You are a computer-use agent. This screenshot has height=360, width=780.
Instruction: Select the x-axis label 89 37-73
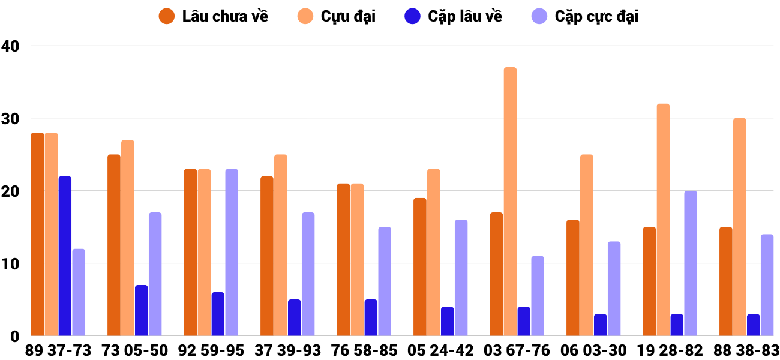tap(58, 350)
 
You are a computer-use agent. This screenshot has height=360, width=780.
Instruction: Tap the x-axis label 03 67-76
tap(517, 350)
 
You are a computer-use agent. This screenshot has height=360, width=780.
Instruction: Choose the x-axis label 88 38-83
tap(746, 350)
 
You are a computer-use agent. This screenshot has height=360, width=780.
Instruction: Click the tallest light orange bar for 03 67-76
tap(510, 202)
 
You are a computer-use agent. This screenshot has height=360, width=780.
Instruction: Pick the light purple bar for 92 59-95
tap(232, 253)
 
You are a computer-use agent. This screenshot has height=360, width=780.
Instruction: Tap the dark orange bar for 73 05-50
tap(114, 245)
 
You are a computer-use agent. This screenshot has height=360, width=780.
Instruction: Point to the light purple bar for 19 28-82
tap(691, 263)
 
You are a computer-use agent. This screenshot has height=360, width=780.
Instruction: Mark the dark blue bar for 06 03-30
tap(601, 325)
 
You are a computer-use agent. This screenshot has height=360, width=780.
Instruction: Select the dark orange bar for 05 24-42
tap(420, 267)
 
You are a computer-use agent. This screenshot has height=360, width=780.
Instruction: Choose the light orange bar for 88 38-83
tap(740, 227)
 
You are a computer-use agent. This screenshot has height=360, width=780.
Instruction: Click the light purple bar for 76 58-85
tap(385, 281)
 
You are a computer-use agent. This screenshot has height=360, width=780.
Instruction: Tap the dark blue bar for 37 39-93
tap(295, 318)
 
